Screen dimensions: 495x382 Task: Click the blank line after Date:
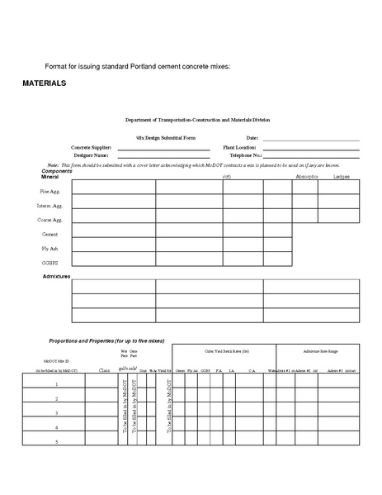311,139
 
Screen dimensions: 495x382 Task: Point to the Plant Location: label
239,146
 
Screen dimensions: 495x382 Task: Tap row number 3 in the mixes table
55,412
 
